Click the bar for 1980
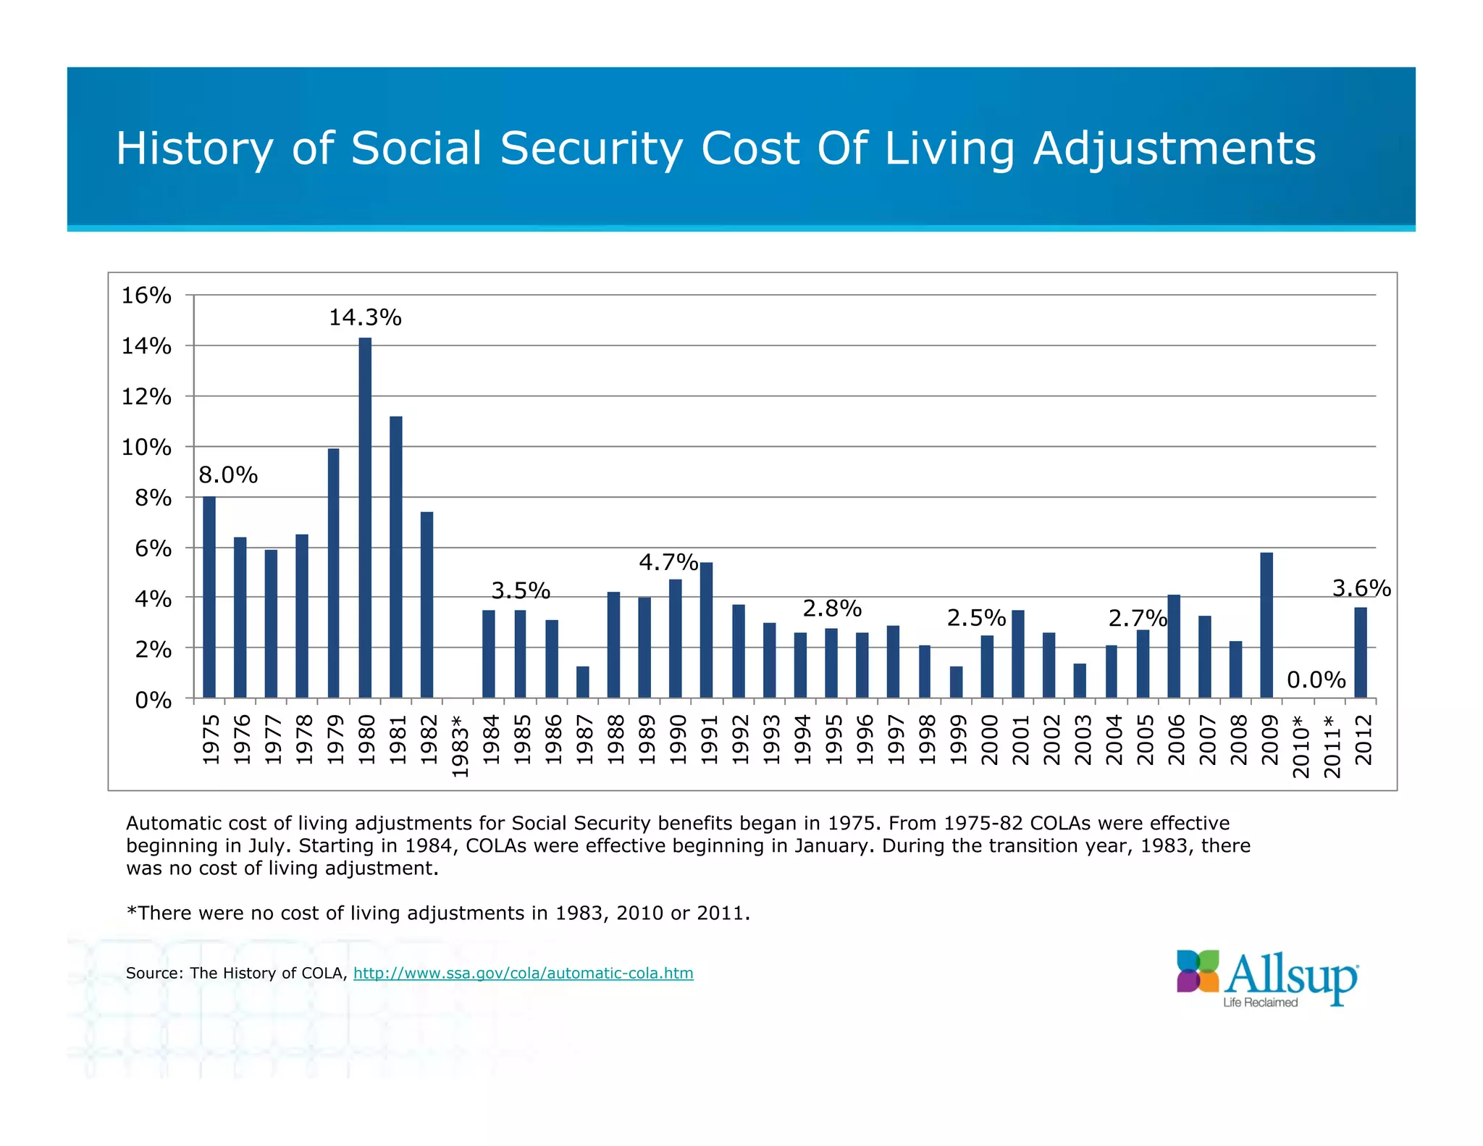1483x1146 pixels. pos(365,517)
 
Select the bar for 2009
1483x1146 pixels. pos(1266,624)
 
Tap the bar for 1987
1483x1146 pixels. pos(583,682)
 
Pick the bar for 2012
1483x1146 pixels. pos(1361,652)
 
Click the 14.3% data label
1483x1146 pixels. pos(365,317)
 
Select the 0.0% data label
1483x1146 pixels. pos(1316,679)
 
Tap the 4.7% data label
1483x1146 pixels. pos(668,562)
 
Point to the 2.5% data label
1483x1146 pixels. pos(976,618)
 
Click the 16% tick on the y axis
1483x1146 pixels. pos(146,296)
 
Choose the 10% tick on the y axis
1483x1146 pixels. pos(146,447)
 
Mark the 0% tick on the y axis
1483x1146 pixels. pos(153,700)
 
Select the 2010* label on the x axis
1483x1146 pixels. pos(1301,746)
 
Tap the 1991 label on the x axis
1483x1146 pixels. pos(709,739)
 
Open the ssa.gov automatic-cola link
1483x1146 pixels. pos(523,973)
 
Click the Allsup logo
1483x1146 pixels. pos(1267,977)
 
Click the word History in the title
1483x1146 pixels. pos(195,149)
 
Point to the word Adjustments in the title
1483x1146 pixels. pos(1174,149)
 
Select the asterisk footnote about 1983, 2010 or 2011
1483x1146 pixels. pos(438,913)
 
